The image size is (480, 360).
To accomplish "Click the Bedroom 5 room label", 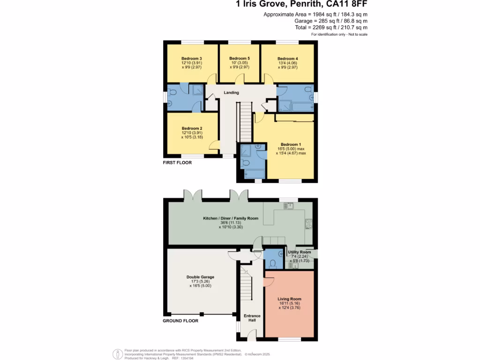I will point(239,58).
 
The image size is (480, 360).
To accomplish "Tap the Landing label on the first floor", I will point(231,92).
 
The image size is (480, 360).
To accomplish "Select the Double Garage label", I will point(200,277).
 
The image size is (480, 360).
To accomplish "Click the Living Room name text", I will point(289,299).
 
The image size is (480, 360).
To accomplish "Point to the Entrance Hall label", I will point(252,318).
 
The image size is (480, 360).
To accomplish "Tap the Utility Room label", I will point(300,252).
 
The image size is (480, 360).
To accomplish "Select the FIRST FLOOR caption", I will point(177,163).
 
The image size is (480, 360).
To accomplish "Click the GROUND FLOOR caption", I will point(180,321).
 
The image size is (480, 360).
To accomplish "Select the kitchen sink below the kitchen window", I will point(287,206).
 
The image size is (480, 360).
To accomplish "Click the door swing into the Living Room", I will point(269,281).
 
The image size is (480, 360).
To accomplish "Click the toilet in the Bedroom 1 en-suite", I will point(245,163).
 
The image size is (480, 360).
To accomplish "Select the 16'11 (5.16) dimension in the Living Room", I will point(289,303).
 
